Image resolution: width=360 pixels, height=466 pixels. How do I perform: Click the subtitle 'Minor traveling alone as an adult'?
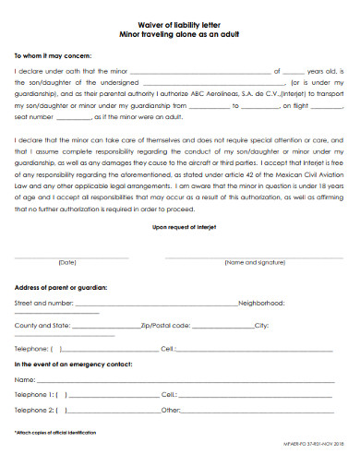pyautogui.click(x=180, y=32)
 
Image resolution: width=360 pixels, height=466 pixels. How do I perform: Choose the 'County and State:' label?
pyautogui.click(x=42, y=325)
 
